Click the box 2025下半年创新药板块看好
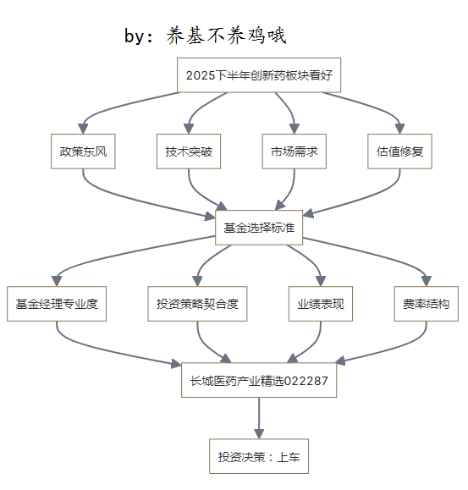point(259,75)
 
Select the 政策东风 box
point(83,151)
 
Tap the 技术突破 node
point(189,151)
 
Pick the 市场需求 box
point(295,151)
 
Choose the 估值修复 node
point(400,151)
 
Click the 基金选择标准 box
point(259,228)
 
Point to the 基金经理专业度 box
point(57,304)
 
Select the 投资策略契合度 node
point(197,304)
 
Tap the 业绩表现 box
point(321,304)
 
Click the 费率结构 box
point(427,304)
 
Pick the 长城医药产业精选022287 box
point(259,380)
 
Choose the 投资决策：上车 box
point(259,456)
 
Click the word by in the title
point(134,36)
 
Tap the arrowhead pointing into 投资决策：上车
point(259,434)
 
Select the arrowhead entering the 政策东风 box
point(83,129)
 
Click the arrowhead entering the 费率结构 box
point(427,281)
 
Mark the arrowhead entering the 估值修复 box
point(400,129)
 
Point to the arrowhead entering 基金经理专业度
point(57,281)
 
